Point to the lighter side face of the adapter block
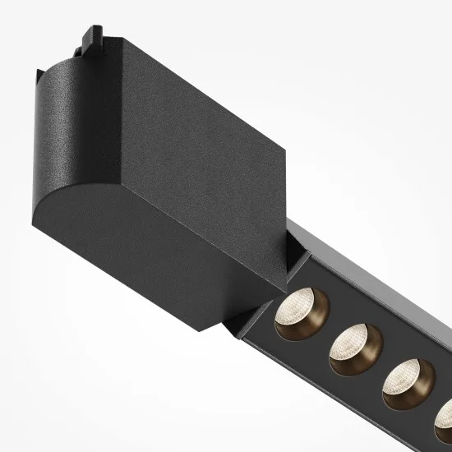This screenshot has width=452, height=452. coord(205,99)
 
